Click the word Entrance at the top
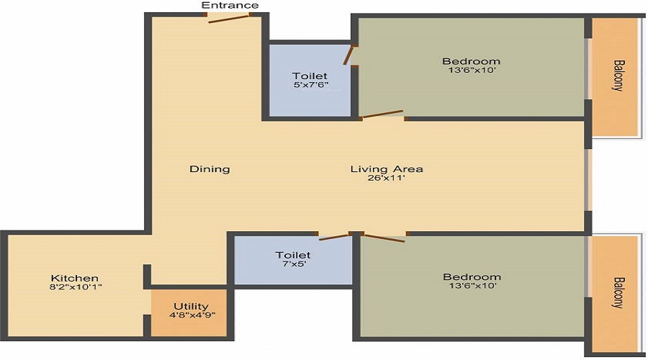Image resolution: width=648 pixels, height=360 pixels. (230, 6)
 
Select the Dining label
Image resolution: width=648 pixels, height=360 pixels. (210, 169)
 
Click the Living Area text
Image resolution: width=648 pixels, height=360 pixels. (387, 169)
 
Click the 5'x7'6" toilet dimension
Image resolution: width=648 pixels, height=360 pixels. (310, 85)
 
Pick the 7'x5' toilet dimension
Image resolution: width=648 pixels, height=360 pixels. (293, 265)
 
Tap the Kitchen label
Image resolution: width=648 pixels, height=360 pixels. (74, 278)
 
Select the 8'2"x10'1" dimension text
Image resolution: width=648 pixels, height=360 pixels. (74, 287)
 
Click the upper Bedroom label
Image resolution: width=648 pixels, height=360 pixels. (471, 61)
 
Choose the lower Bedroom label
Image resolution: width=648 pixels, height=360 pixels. (472, 277)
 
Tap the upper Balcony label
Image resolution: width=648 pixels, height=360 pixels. (618, 75)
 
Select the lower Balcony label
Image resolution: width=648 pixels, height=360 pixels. (618, 292)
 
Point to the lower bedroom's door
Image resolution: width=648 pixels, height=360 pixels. (384, 237)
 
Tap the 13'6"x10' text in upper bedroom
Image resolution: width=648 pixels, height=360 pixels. (471, 71)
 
